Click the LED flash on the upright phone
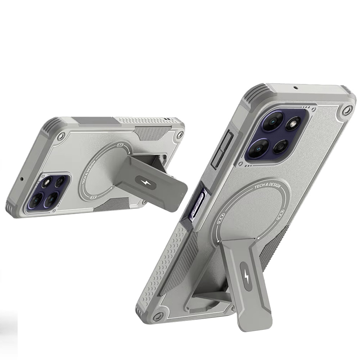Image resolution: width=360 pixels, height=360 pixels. [x=293, y=125]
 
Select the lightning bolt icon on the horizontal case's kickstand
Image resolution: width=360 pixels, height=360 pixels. [x=145, y=183]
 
